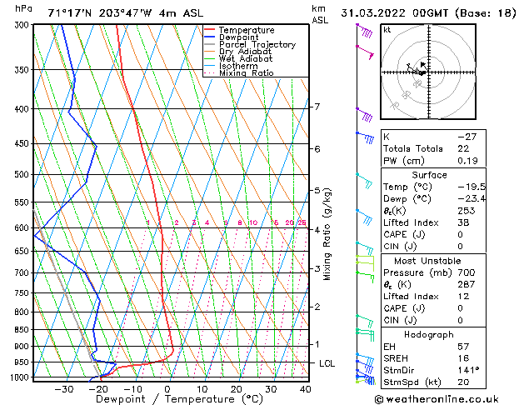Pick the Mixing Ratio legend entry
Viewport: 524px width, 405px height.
pyautogui.click(x=247, y=73)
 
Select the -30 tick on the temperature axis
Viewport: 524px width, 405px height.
pyautogui.click(x=62, y=389)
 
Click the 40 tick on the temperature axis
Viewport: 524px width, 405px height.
pyautogui.click(x=305, y=389)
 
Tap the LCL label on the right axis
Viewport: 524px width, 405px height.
pyautogui.click(x=327, y=364)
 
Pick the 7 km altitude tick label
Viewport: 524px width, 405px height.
pyautogui.click(x=317, y=107)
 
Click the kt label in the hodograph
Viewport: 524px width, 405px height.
pyautogui.click(x=387, y=29)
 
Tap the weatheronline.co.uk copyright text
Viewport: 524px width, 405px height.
pyautogui.click(x=448, y=399)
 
